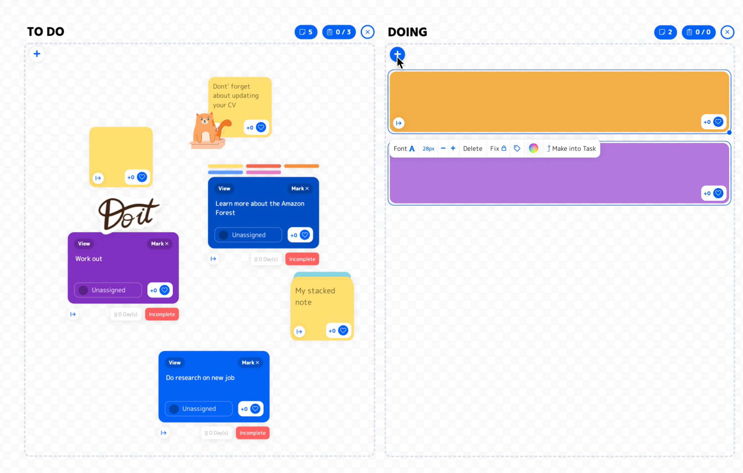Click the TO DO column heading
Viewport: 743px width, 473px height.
[x=46, y=32]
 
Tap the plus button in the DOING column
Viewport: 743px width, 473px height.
[x=397, y=54]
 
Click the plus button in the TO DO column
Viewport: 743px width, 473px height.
[x=37, y=54]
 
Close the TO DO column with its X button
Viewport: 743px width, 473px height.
[x=368, y=32]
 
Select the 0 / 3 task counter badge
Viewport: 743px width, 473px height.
[x=339, y=32]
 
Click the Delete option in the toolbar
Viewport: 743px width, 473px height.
[x=472, y=148]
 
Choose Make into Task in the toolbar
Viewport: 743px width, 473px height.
[x=571, y=148]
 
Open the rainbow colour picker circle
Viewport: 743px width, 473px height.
[x=534, y=148]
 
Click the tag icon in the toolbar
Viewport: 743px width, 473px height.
[x=517, y=148]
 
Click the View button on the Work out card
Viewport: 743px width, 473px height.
[x=84, y=244]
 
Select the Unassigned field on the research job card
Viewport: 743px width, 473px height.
[x=199, y=409]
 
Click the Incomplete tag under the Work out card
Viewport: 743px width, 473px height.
[x=162, y=314]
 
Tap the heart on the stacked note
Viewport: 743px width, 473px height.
[x=343, y=330]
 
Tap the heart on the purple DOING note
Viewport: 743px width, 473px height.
[x=718, y=193]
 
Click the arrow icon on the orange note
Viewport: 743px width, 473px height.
[x=399, y=123]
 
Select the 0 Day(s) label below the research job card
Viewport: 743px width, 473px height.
[x=216, y=433]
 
